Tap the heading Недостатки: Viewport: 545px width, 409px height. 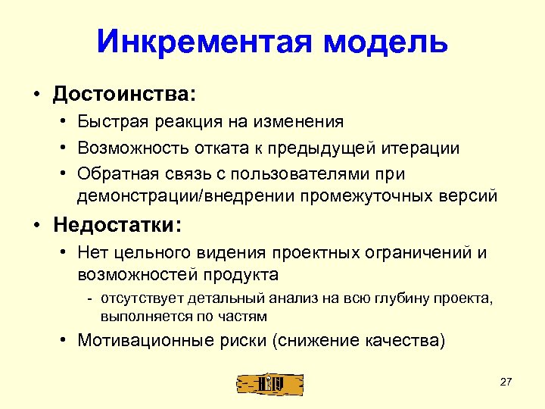click(117, 225)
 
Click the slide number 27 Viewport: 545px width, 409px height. click(506, 382)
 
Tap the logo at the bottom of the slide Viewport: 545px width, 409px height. click(269, 384)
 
